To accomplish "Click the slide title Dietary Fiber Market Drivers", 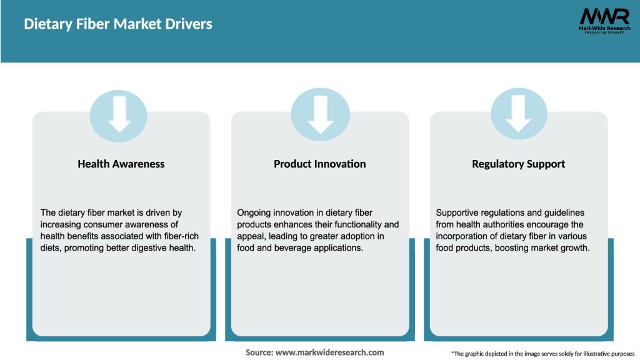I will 118,24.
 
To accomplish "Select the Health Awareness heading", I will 121,164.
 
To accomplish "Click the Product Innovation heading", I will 319,164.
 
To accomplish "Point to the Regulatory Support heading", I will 518,164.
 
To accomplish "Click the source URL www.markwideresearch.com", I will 330,352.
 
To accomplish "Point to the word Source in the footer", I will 259,352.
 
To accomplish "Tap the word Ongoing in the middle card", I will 254,213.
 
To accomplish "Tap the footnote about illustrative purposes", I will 542,354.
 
